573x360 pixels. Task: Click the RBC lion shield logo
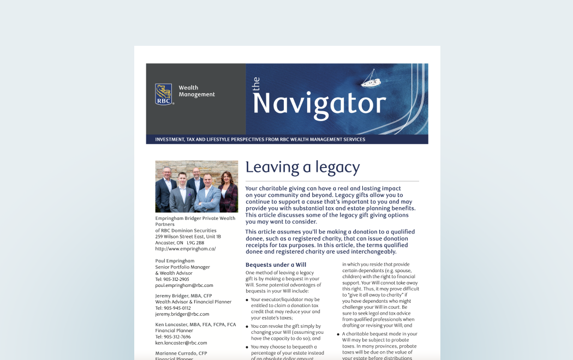[163, 93]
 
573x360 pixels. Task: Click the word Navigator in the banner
[319, 103]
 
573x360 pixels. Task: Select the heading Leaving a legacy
[302, 167]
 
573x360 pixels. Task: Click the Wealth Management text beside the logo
[196, 91]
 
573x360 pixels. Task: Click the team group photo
[196, 187]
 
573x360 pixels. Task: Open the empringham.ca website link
[185, 249]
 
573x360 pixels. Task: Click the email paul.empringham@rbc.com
[184, 285]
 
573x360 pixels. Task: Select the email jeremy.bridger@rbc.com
[182, 314]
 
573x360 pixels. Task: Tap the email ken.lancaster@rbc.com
[181, 343]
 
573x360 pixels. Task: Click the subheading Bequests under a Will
[276, 265]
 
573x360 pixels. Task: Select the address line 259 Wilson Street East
[188, 237]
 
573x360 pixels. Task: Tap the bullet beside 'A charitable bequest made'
[338, 334]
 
